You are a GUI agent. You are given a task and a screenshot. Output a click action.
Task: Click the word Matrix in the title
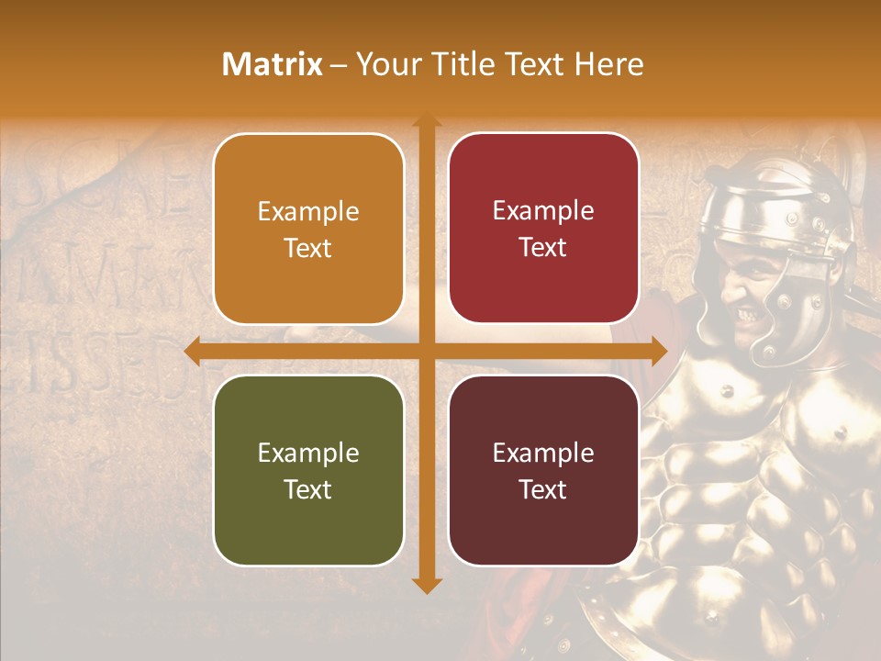point(273,64)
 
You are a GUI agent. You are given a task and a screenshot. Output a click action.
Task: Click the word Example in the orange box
point(308,212)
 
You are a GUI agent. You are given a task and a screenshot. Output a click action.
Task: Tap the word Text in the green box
point(308,489)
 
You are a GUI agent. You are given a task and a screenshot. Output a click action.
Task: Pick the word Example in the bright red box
point(543,211)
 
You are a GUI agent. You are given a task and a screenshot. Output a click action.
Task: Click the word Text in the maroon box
point(543,489)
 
